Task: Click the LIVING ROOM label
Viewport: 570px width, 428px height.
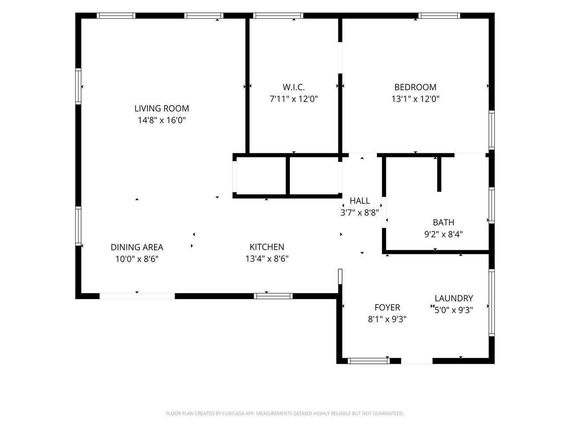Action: tap(162, 108)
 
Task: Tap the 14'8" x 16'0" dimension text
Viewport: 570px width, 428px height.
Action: tap(162, 120)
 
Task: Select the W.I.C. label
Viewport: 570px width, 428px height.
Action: tap(293, 87)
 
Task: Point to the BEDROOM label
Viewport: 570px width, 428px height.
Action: tap(415, 87)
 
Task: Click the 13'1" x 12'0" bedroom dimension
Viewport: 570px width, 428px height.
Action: tap(415, 99)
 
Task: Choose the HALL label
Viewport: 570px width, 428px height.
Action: tap(360, 201)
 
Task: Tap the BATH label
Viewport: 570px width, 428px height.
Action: tap(443, 222)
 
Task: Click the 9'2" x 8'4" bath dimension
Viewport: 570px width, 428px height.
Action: tap(443, 235)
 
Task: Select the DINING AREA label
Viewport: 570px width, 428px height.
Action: tap(137, 247)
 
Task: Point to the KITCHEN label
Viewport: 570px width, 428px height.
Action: tap(267, 247)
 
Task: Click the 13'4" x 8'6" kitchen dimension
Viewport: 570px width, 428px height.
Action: tap(267, 259)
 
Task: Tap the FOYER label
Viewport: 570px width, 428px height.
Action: tap(387, 308)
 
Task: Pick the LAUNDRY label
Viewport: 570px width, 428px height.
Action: tap(454, 298)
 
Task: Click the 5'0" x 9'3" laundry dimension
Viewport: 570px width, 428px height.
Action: tap(454, 310)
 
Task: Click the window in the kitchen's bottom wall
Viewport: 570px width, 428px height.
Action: tap(273, 296)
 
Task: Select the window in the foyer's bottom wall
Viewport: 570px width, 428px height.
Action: tap(368, 361)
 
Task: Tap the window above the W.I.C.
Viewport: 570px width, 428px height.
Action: tap(278, 16)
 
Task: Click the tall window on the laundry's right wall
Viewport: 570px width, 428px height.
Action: tap(491, 303)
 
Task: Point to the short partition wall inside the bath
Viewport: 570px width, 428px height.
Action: tap(439, 174)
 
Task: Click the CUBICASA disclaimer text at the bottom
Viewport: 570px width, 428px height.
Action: tap(285, 413)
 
